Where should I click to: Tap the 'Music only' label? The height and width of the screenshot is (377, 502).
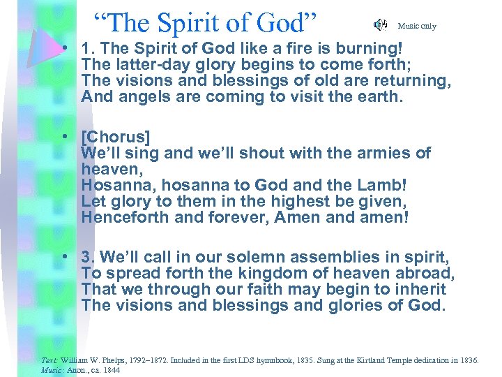coord(416,26)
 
